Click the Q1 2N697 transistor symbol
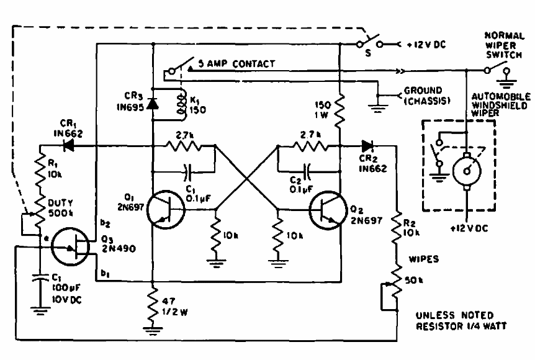pyautogui.click(x=166, y=210)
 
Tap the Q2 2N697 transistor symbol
pyautogui.click(x=327, y=209)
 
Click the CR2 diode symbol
pyautogui.click(x=368, y=146)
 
